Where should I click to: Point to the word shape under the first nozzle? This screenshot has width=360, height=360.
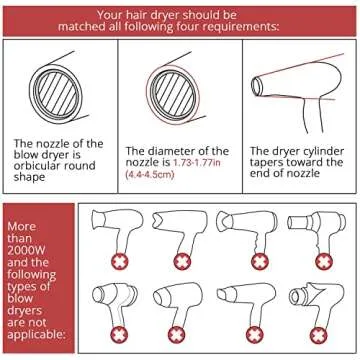pyautogui.click(x=29, y=177)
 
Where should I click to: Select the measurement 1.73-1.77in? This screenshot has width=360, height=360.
pyautogui.click(x=197, y=163)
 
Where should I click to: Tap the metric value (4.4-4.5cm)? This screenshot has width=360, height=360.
pyautogui.click(x=150, y=174)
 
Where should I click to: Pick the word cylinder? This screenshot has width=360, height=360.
pyautogui.click(x=322, y=151)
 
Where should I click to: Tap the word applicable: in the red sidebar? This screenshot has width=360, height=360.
pyautogui.click(x=35, y=334)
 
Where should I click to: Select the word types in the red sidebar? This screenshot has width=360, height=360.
pyautogui.click(x=23, y=287)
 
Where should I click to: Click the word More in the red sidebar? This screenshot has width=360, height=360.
pyautogui.click(x=21, y=227)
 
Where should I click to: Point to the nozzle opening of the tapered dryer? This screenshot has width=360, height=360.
pyautogui.click(x=256, y=87)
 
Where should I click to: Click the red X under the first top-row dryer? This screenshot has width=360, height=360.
pyautogui.click(x=120, y=262)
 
